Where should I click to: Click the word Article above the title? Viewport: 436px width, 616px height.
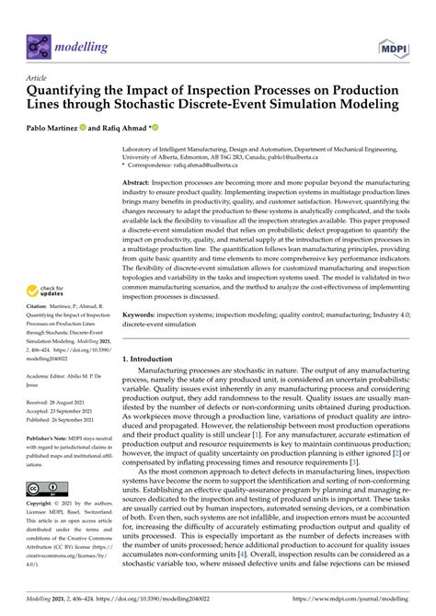(x=37, y=79)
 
